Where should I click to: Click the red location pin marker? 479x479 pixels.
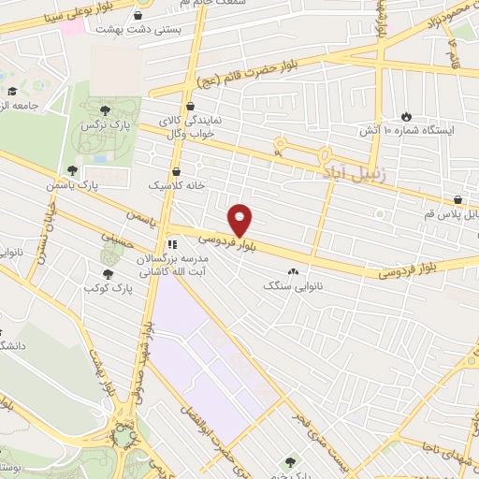coord(240,220)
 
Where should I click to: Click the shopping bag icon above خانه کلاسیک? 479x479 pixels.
coord(177,171)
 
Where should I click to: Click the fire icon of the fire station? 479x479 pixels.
coord(406,115)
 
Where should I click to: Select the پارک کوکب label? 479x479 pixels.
coord(110,288)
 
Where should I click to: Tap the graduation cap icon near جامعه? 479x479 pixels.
coord(13,91)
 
